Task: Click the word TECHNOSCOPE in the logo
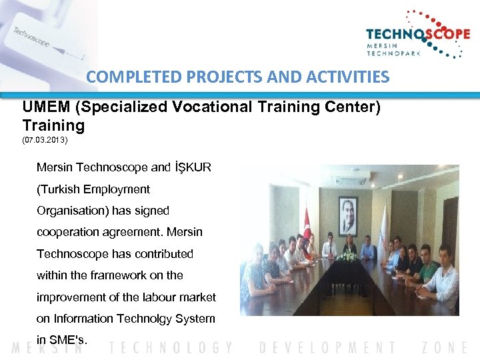417,35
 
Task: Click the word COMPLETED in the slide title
125,77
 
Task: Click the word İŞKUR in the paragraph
192,167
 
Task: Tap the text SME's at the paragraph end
67,340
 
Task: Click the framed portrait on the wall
347,215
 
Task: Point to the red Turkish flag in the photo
307,225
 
